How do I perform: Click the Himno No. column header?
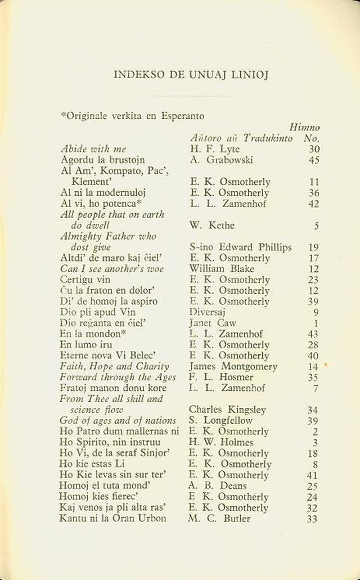pyautogui.click(x=305, y=133)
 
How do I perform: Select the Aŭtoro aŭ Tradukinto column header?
pyautogui.click(x=241, y=138)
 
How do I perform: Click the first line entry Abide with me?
pyautogui.click(x=93, y=149)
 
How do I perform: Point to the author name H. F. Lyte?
pyautogui.click(x=214, y=149)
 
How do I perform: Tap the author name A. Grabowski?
pyautogui.click(x=221, y=160)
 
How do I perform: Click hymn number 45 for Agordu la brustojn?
pyautogui.click(x=314, y=160)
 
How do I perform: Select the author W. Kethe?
pyautogui.click(x=211, y=226)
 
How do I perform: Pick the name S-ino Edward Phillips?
pyautogui.click(x=240, y=247)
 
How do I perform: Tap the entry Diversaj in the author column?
pyautogui.click(x=208, y=312)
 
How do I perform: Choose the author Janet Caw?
pyautogui.click(x=212, y=323)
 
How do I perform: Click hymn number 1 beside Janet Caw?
pyautogui.click(x=316, y=323)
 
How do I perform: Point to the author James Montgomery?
pyautogui.click(x=233, y=366)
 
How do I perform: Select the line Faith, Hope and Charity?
pyautogui.click(x=114, y=366)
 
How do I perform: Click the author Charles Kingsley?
pyautogui.click(x=227, y=410)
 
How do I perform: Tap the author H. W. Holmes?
pyautogui.click(x=221, y=442)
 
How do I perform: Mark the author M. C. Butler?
pyautogui.click(x=219, y=518)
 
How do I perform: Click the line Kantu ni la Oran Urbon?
pyautogui.click(x=112, y=518)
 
